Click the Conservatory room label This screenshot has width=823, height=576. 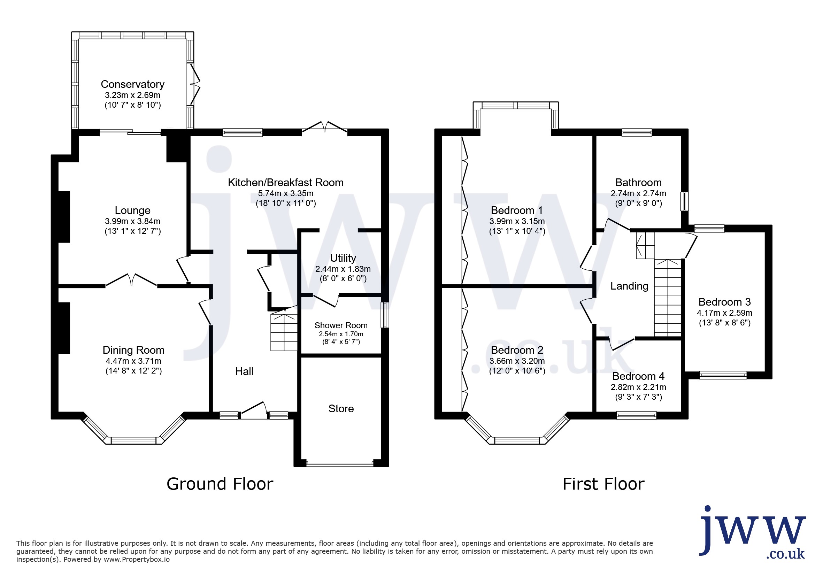click(133, 84)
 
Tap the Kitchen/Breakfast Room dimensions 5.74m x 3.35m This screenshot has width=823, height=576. click(286, 193)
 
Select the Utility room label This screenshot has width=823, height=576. click(343, 258)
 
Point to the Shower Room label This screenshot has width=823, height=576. click(341, 325)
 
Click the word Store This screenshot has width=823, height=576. click(341, 409)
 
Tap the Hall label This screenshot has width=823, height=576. click(244, 371)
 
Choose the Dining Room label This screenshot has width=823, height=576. click(133, 350)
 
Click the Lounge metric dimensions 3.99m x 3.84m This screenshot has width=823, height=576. click(133, 222)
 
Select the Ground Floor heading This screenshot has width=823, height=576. click(220, 484)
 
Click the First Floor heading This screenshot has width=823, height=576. click(603, 484)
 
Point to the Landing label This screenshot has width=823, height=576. click(629, 286)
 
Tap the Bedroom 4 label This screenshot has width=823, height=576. click(638, 376)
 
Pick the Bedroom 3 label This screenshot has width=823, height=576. click(724, 302)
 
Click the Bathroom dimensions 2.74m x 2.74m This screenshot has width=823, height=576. click(638, 193)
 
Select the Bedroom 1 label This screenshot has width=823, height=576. click(517, 210)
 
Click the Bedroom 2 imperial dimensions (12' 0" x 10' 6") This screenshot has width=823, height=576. click(517, 371)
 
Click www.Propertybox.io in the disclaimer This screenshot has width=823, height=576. click(137, 560)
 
